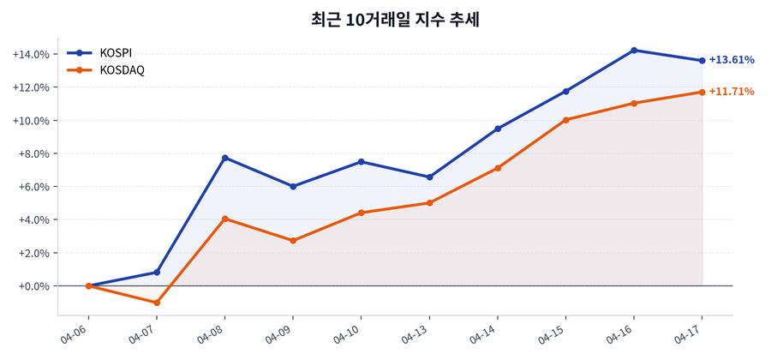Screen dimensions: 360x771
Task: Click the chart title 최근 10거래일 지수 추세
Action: [x=395, y=19]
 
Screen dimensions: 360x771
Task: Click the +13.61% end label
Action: [x=731, y=60]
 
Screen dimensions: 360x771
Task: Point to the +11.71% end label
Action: [x=731, y=92]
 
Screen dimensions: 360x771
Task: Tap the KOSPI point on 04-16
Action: [x=634, y=51]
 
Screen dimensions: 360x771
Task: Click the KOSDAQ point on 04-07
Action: [x=157, y=303]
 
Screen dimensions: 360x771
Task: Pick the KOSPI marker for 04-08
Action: [x=224, y=158]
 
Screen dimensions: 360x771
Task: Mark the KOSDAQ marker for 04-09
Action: [x=293, y=241]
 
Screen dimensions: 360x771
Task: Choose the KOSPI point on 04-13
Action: [x=429, y=177]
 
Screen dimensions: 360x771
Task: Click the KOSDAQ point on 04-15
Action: [x=565, y=120]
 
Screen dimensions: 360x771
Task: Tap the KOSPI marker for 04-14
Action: [x=498, y=129]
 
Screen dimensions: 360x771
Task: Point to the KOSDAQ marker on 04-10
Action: [x=362, y=213]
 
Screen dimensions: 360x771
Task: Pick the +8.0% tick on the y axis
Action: [x=33, y=154]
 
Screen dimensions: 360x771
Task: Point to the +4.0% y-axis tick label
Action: [x=33, y=220]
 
